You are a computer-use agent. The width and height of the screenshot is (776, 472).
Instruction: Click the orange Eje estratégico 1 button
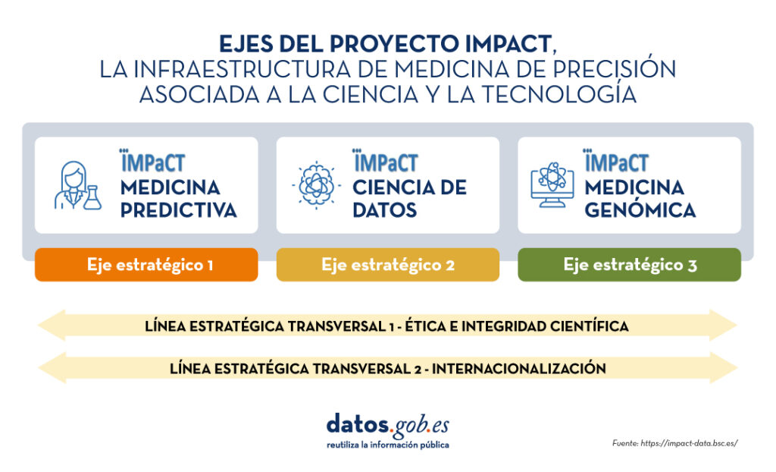click(146, 265)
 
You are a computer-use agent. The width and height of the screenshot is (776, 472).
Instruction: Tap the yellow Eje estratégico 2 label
click(387, 265)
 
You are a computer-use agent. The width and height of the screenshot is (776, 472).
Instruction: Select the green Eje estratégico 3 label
click(629, 265)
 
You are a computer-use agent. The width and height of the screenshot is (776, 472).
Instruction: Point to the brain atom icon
click(316, 185)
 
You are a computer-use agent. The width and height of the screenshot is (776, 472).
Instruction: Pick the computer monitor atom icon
click(552, 184)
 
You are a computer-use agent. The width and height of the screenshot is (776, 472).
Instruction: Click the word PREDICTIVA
click(178, 210)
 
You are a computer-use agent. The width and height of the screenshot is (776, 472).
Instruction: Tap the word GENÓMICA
click(640, 209)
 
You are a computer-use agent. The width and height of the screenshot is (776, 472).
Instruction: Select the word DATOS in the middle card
click(384, 210)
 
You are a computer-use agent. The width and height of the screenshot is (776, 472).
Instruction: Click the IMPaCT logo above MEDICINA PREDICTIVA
click(152, 161)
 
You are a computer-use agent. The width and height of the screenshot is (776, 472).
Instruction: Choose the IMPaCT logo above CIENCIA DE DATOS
click(385, 161)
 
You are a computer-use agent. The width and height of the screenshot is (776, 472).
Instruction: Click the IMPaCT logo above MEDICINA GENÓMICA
click(616, 161)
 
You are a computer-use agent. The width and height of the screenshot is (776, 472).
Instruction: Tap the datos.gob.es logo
click(387, 426)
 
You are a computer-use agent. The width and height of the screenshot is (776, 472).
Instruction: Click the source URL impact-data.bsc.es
click(689, 443)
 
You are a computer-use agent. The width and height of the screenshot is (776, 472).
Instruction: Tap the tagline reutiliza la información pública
click(387, 445)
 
